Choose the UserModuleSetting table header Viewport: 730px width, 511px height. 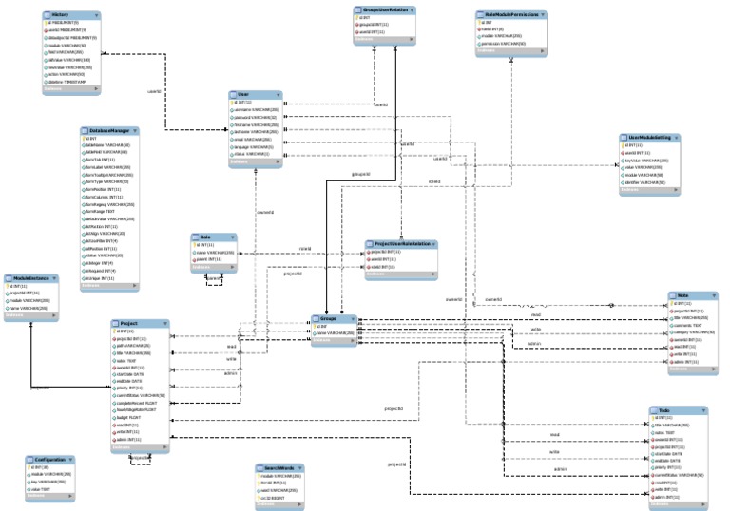(x=650, y=137)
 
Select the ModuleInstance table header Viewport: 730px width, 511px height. (x=31, y=277)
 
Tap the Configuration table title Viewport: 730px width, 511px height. (x=52, y=459)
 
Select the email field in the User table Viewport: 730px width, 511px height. (x=251, y=140)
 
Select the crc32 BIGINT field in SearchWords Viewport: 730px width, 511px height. (x=276, y=497)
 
